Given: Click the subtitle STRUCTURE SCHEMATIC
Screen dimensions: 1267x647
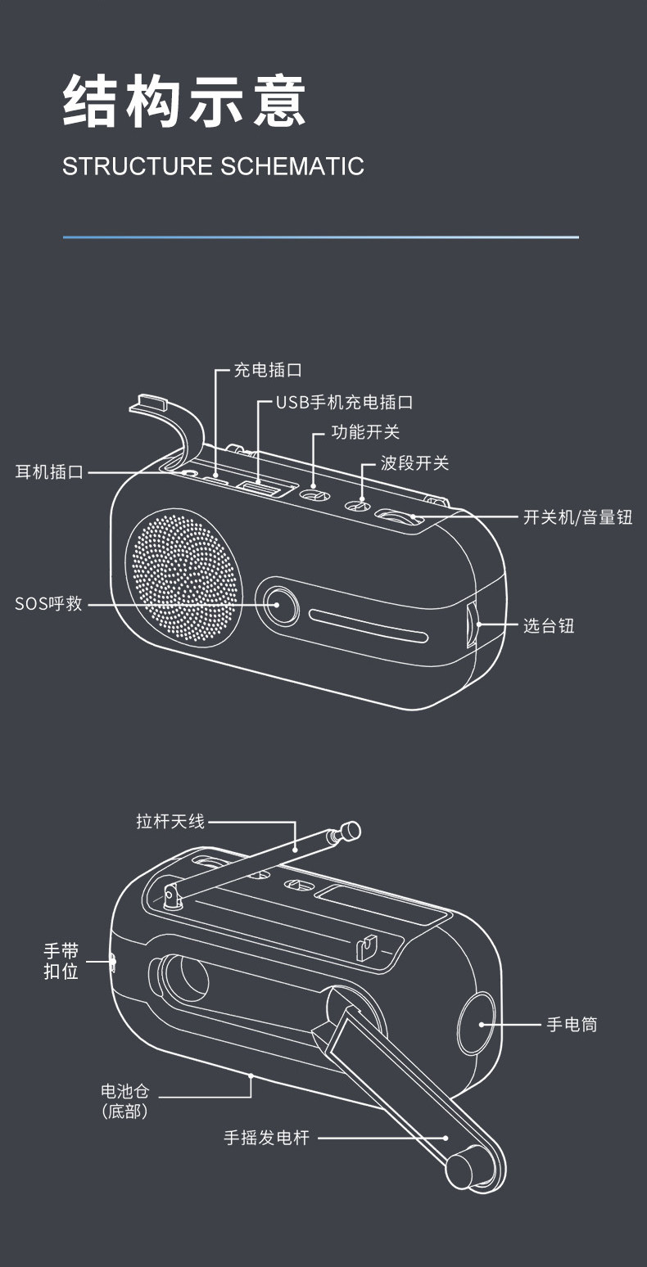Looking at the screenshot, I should (213, 166).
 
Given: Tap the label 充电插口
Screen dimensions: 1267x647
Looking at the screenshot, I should (268, 370).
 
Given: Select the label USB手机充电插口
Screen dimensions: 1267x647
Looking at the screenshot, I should (344, 403).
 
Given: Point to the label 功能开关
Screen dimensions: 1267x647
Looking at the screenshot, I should (365, 432).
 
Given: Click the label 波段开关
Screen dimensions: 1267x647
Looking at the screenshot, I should (414, 463).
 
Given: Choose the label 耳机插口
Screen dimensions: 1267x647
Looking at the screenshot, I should (49, 472).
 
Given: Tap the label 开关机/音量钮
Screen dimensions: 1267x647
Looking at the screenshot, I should (577, 517).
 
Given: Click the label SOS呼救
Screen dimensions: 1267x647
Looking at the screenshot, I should (48, 605).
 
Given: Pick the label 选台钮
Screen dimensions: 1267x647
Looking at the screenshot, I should (549, 626).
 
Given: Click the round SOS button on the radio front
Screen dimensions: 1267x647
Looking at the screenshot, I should (277, 604).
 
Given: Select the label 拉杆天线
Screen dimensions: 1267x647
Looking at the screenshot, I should (170, 821).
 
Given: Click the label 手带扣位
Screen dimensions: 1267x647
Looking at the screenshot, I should (61, 962).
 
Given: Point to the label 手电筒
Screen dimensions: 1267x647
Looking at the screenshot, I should (572, 1024).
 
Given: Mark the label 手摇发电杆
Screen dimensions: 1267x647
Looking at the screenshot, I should (267, 1138).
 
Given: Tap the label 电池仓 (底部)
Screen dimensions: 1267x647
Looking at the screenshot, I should (124, 1101).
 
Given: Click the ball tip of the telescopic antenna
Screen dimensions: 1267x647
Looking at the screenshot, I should (351, 830).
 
